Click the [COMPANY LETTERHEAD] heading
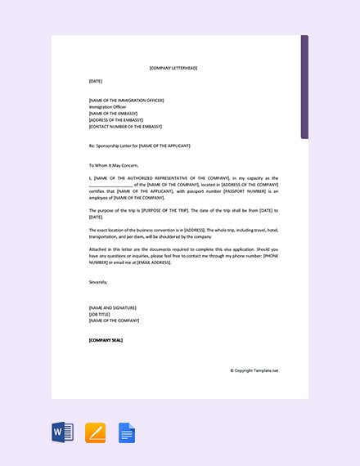(173, 68)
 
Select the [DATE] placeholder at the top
(96, 81)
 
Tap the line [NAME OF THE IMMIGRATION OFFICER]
(126, 101)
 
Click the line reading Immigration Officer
(108, 107)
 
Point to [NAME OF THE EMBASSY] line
(113, 114)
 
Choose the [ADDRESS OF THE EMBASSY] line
(116, 120)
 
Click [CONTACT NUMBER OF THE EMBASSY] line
(125, 127)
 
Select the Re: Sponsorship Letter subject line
(139, 146)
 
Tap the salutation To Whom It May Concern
(108, 165)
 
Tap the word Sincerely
(98, 282)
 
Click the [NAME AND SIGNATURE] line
(113, 307)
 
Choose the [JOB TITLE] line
(101, 314)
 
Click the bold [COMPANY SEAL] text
(106, 339)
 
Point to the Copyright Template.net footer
(254, 370)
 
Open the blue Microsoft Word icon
(63, 432)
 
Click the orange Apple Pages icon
(95, 432)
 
